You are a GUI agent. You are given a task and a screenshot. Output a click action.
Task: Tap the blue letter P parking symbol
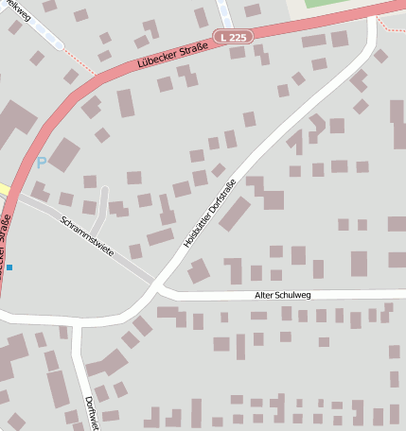point(41,163)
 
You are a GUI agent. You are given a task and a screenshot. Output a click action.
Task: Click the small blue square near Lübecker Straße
point(9,267)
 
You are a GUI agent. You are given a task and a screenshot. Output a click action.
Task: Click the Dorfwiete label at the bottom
point(93,411)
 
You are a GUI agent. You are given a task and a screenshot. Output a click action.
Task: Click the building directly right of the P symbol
point(63,154)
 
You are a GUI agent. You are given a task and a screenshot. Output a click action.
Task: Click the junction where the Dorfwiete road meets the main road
point(76,326)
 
